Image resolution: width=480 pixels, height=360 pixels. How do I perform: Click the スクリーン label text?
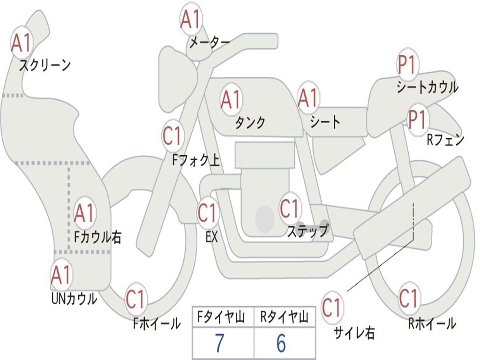click(x=45, y=65)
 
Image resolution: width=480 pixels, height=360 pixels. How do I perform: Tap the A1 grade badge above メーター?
click(x=191, y=19)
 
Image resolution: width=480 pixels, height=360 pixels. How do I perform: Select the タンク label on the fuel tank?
click(x=250, y=122)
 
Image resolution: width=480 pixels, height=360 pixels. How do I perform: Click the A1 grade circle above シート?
click(x=308, y=98)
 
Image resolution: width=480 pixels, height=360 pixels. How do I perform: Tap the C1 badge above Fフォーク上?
click(x=173, y=135)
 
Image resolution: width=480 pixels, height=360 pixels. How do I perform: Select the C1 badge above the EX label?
click(x=208, y=212)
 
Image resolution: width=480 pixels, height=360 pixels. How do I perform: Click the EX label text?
click(x=211, y=237)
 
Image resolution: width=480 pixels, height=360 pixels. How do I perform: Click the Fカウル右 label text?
click(x=98, y=237)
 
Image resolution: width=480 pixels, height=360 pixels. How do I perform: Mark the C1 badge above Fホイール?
click(x=136, y=300)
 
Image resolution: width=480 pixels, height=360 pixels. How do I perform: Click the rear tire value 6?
click(x=281, y=344)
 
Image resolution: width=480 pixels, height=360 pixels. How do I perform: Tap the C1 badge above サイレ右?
click(x=332, y=308)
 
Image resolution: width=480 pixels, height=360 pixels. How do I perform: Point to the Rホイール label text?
click(x=432, y=323)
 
